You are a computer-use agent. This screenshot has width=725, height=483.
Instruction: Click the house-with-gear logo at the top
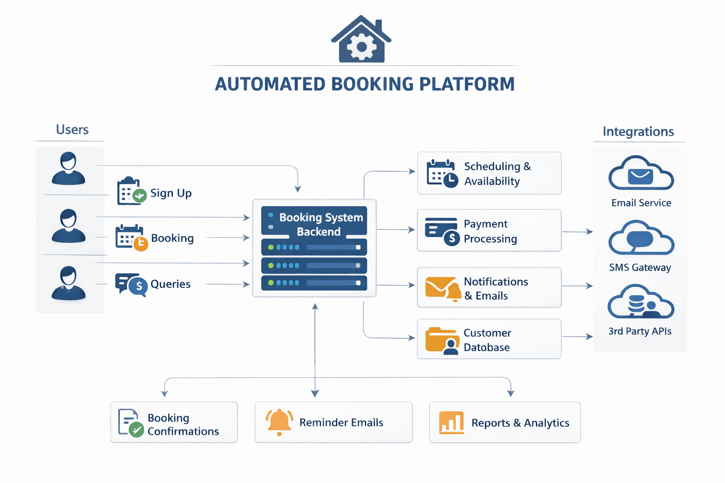tap(361, 40)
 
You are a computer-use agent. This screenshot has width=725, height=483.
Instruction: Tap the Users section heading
tap(72, 130)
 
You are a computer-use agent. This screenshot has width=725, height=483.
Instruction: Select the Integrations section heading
tap(638, 132)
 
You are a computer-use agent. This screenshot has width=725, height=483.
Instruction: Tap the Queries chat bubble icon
tap(131, 284)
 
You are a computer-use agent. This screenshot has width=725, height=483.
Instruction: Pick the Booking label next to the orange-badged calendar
tap(172, 238)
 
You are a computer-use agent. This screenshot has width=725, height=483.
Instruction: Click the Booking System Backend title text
tap(320, 225)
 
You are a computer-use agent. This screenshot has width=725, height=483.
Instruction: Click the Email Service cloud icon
tap(641, 174)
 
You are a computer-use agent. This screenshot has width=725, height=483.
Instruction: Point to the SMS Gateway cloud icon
tap(641, 239)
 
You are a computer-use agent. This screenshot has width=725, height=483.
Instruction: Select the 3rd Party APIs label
tap(640, 331)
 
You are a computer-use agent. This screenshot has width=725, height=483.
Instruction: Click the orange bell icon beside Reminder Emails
tap(279, 422)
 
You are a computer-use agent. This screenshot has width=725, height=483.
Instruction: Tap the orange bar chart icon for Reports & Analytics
tap(451, 422)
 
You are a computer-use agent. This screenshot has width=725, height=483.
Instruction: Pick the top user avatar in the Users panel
tap(68, 168)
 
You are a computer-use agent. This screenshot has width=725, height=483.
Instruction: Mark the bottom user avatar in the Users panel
tap(68, 283)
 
